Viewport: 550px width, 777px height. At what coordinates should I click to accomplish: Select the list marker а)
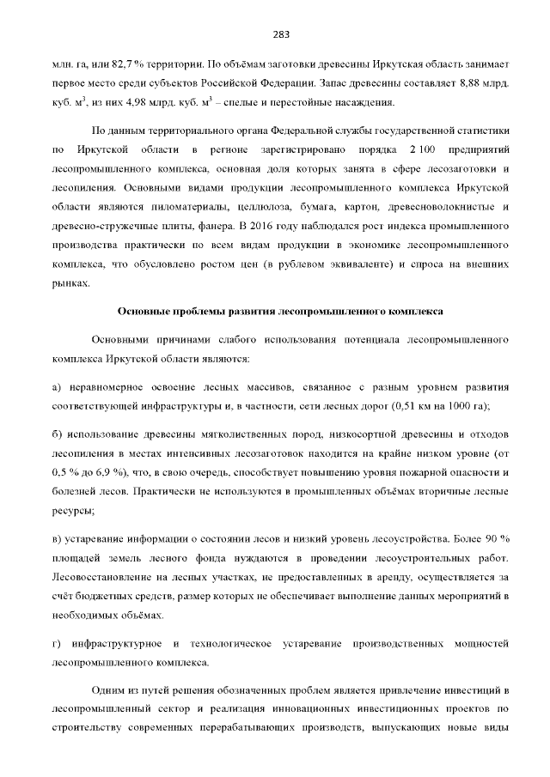tap(58, 386)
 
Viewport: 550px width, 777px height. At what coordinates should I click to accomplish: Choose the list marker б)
tap(58, 434)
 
